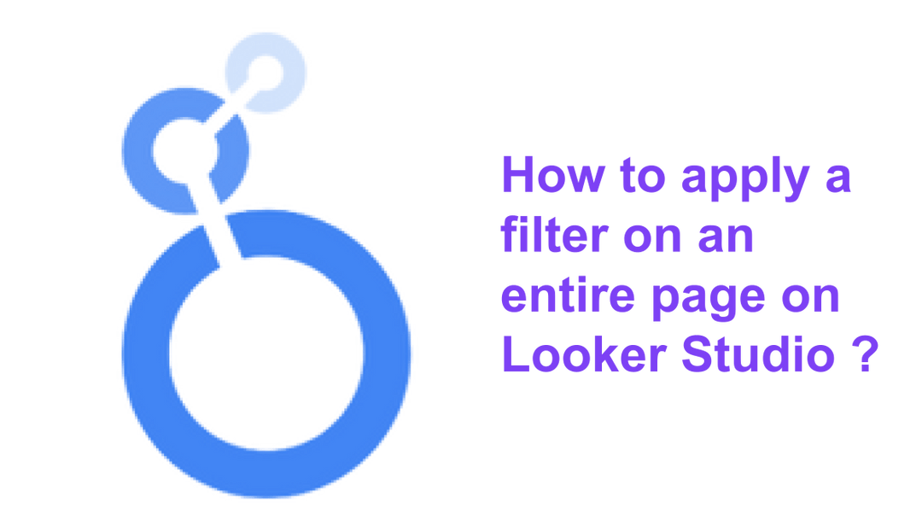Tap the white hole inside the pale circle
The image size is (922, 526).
click(266, 72)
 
